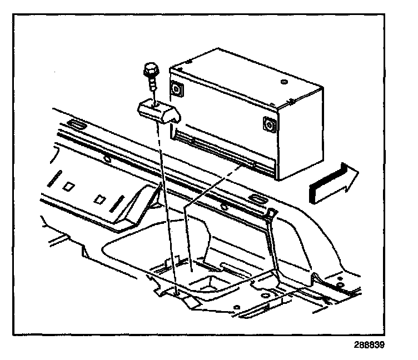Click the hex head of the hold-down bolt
[148, 71]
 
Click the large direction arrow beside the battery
[332, 182]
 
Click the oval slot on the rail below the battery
[259, 199]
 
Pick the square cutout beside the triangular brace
[101, 198]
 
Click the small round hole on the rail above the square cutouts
[107, 158]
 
